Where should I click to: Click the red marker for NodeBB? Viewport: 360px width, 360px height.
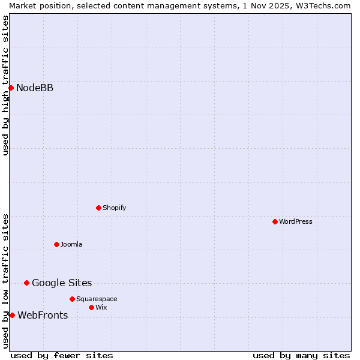pyautogui.click(x=11, y=88)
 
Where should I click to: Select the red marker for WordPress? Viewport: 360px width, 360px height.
pyautogui.click(x=275, y=222)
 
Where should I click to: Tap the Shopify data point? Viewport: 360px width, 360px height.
pyautogui.click(x=98, y=208)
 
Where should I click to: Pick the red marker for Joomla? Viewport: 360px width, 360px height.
pyautogui.click(x=56, y=244)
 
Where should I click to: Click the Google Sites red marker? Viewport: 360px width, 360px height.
pyautogui.click(x=26, y=283)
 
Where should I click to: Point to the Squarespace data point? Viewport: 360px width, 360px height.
pyautogui.click(x=72, y=299)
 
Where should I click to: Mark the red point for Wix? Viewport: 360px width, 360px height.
pyautogui.click(x=91, y=307)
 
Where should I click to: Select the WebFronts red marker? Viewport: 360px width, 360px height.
pyautogui.click(x=12, y=316)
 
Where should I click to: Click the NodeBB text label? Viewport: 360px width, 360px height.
pyautogui.click(x=35, y=88)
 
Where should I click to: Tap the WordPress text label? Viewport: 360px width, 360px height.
pyautogui.click(x=296, y=222)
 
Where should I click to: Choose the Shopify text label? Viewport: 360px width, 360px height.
pyautogui.click(x=114, y=208)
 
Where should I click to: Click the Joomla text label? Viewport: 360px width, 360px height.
pyautogui.click(x=71, y=245)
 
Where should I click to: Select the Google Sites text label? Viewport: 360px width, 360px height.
pyautogui.click(x=62, y=283)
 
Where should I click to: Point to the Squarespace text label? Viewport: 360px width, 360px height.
pyautogui.click(x=97, y=299)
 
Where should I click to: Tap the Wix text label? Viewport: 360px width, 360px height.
pyautogui.click(x=101, y=307)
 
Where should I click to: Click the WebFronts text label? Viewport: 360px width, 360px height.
pyautogui.click(x=43, y=316)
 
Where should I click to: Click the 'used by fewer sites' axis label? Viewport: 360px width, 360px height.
pyautogui.click(x=62, y=355)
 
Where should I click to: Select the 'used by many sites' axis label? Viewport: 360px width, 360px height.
pyautogui.click(x=301, y=355)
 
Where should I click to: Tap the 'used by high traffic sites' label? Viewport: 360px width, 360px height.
pyautogui.click(x=5, y=85)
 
